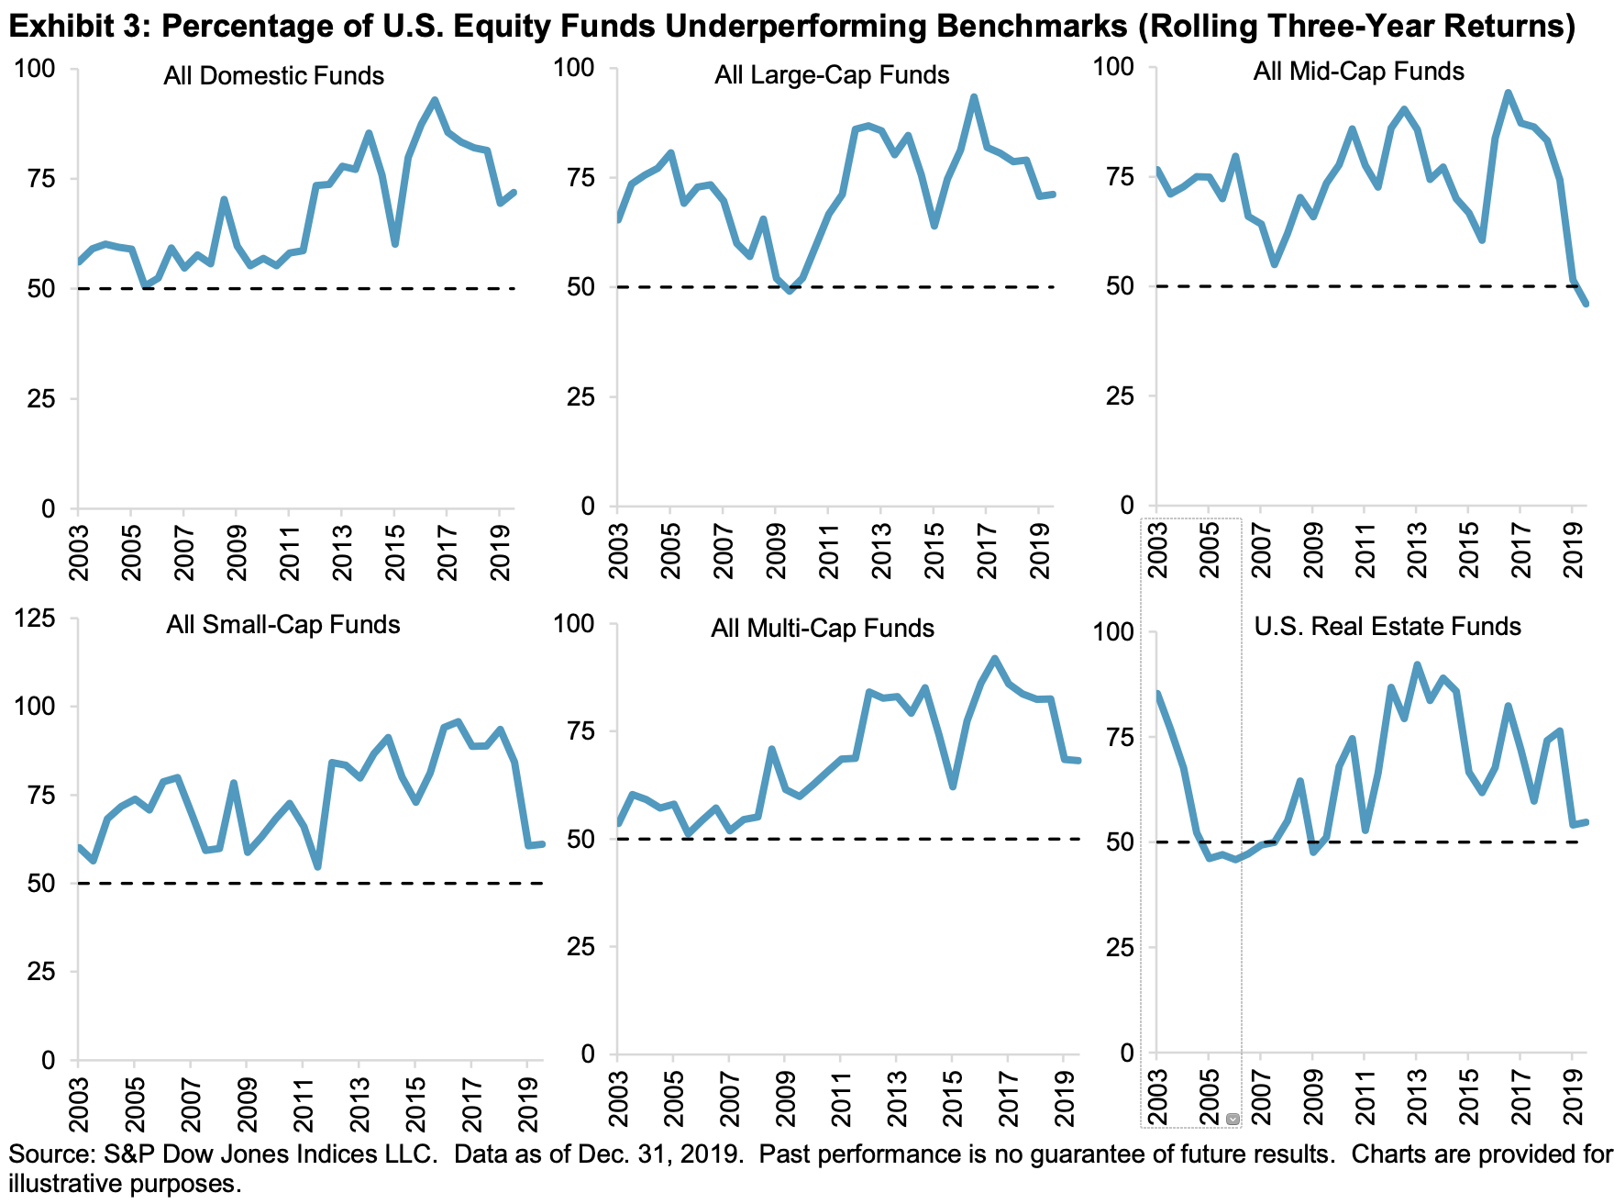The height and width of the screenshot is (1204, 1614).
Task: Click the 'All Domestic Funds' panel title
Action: point(273,75)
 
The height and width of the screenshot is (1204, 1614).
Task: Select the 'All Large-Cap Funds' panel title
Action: point(832,74)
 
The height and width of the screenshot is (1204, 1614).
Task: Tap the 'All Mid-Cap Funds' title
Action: point(1358,71)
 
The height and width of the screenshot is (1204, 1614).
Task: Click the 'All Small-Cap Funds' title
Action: point(283,625)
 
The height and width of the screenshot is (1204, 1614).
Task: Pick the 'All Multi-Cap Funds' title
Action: point(823,628)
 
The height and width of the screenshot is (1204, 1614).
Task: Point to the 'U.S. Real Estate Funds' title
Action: point(1387,626)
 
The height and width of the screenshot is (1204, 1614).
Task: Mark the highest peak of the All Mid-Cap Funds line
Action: point(1508,92)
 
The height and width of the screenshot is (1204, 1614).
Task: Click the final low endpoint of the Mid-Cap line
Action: point(1586,304)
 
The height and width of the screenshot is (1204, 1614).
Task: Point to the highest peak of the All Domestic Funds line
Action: point(435,99)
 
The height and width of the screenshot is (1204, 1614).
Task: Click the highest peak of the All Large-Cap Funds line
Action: point(973,96)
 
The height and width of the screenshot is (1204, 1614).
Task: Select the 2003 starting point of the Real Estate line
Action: point(1157,693)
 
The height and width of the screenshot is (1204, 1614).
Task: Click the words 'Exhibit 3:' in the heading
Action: point(77,27)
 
